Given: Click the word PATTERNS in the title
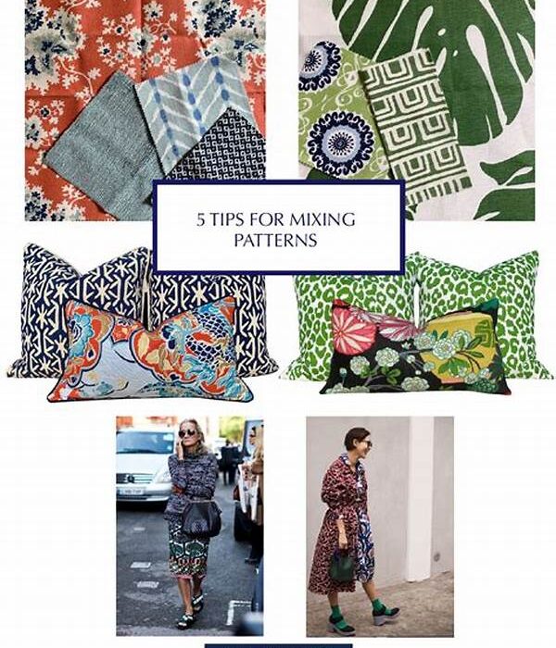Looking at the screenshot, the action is pos(275,240).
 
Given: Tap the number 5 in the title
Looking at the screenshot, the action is pos(201,220).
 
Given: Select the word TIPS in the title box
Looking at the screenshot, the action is pos(227,220).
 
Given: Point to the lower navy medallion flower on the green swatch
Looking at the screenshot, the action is pos(340,143).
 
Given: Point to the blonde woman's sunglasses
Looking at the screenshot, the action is pos(187,433).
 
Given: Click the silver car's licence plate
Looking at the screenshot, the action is pos(132,491).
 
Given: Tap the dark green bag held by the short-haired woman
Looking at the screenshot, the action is pos(342,567).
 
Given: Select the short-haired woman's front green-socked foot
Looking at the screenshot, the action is pos(385,611).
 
